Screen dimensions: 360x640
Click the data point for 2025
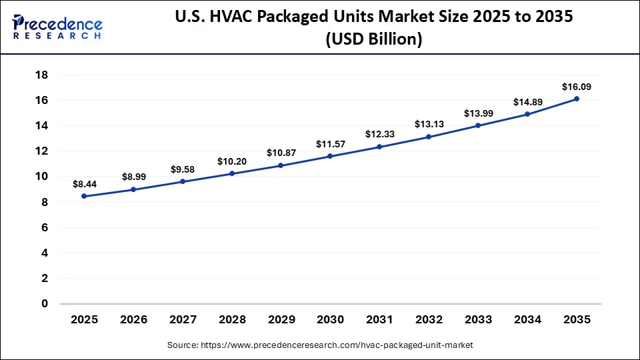click(x=84, y=196)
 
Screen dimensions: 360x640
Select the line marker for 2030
click(x=330, y=156)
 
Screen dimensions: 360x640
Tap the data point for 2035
click(x=577, y=99)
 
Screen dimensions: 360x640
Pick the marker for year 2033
click(x=478, y=125)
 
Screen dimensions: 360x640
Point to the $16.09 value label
click(x=577, y=87)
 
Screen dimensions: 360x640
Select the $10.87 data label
click(x=281, y=153)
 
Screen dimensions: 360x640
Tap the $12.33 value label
click(x=379, y=134)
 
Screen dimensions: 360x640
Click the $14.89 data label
click(x=527, y=102)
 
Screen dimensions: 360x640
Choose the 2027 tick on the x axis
click(x=183, y=320)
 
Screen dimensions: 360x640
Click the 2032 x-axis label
click(x=429, y=320)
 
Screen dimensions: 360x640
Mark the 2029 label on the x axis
click(x=281, y=320)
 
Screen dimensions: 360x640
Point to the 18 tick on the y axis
click(x=41, y=75)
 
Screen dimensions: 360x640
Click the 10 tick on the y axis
click(x=41, y=177)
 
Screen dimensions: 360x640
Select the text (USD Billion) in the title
click(x=373, y=40)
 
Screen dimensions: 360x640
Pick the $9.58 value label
click(x=183, y=169)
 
